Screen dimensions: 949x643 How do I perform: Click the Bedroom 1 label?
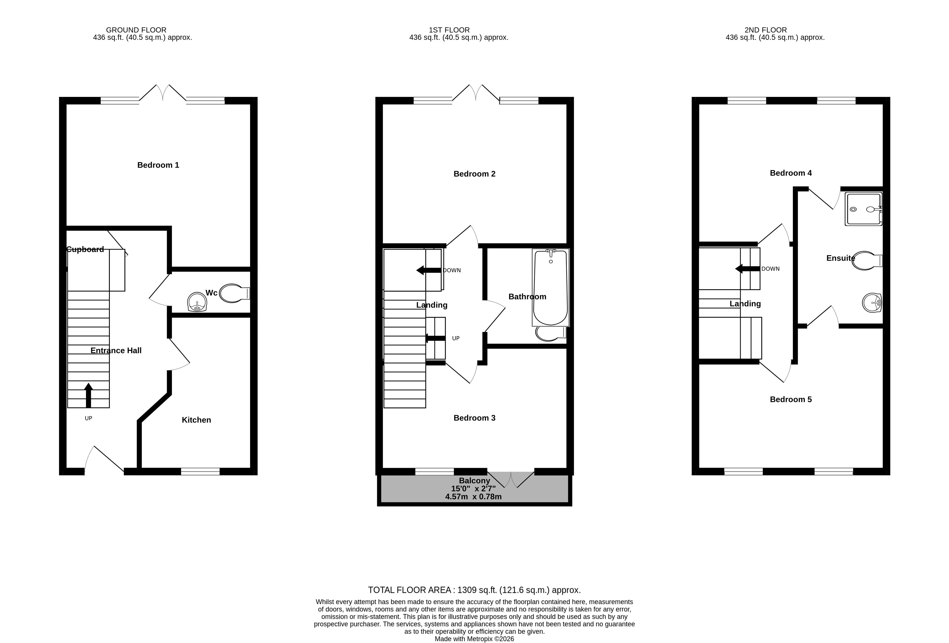tap(158, 165)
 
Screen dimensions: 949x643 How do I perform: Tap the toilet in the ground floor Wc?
tap(234, 293)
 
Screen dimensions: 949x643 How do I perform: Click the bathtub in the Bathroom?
tap(550, 288)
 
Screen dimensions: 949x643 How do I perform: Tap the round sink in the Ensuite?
tap(872, 303)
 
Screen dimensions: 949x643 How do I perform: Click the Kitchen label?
tap(196, 420)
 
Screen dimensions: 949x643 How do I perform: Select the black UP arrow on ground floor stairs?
tap(88, 395)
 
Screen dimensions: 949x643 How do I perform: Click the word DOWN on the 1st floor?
tap(452, 270)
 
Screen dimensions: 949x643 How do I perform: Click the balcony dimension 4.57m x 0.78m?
tap(473, 497)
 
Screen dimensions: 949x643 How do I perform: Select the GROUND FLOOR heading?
tap(136, 30)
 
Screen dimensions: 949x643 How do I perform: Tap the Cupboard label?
tap(85, 249)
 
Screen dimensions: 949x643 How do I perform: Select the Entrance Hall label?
tap(116, 351)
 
